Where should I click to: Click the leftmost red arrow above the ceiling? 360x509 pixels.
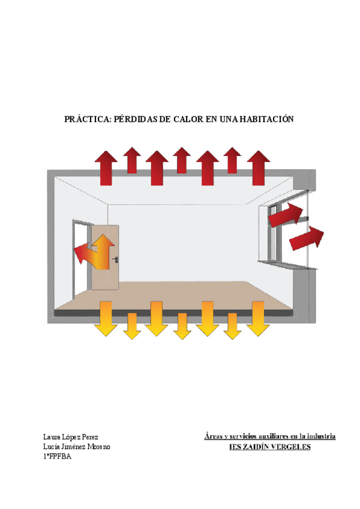[x=106, y=169]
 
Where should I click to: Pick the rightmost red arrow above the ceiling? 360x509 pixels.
[x=259, y=169]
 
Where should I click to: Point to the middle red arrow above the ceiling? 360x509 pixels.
[x=182, y=161]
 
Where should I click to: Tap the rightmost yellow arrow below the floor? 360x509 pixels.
[x=259, y=318]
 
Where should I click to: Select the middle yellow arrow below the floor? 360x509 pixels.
[x=182, y=326]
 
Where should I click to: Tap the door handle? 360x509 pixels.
[x=115, y=259]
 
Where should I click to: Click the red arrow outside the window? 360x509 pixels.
[x=307, y=238]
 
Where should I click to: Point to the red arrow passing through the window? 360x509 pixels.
[x=284, y=214]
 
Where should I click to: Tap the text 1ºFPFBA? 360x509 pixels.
[x=58, y=458]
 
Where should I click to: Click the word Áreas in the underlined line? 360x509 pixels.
[x=214, y=436]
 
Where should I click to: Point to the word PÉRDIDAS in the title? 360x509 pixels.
[x=133, y=119]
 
